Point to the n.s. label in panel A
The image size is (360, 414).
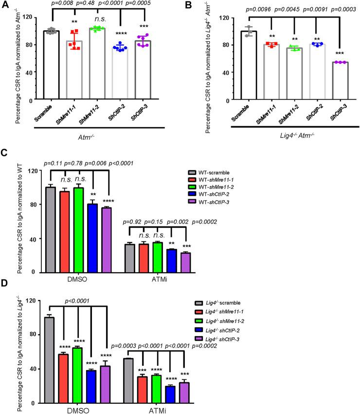(101, 21)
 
